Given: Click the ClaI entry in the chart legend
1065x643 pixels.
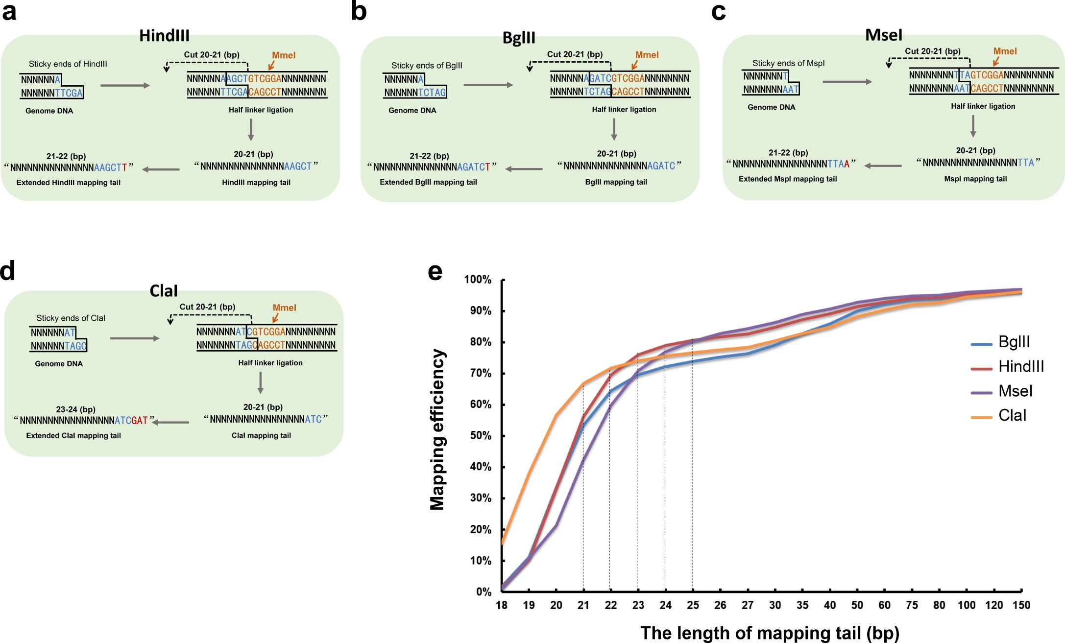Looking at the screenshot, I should click(1012, 416).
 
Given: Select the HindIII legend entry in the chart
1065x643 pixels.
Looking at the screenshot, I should click(1020, 366).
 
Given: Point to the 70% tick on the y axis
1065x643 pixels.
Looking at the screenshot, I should click(481, 374).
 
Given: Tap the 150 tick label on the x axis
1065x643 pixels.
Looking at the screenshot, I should click(1021, 605).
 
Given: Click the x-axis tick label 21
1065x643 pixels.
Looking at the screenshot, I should click(583, 605).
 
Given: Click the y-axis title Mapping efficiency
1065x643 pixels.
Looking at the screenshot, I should click(437, 429).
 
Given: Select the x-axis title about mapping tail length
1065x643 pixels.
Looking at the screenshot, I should click(769, 633).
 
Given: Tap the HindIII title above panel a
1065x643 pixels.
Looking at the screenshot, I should click(164, 36).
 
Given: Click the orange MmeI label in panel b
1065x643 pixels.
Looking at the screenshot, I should click(647, 55).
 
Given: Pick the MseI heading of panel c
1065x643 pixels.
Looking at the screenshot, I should click(883, 35).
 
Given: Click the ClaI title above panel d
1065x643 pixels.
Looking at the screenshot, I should click(164, 291).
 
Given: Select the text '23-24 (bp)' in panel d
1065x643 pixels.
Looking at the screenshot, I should click(75, 409).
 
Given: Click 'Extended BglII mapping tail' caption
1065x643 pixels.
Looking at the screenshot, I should click(428, 182).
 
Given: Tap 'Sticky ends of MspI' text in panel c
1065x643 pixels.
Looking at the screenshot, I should click(788, 63).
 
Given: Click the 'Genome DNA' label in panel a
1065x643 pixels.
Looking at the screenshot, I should click(49, 111).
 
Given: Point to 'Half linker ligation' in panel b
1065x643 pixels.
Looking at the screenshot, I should click(624, 110).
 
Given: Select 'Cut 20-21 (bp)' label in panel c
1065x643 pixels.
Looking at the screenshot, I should click(932, 51).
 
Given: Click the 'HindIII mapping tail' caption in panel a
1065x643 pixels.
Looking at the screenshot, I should click(256, 183).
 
